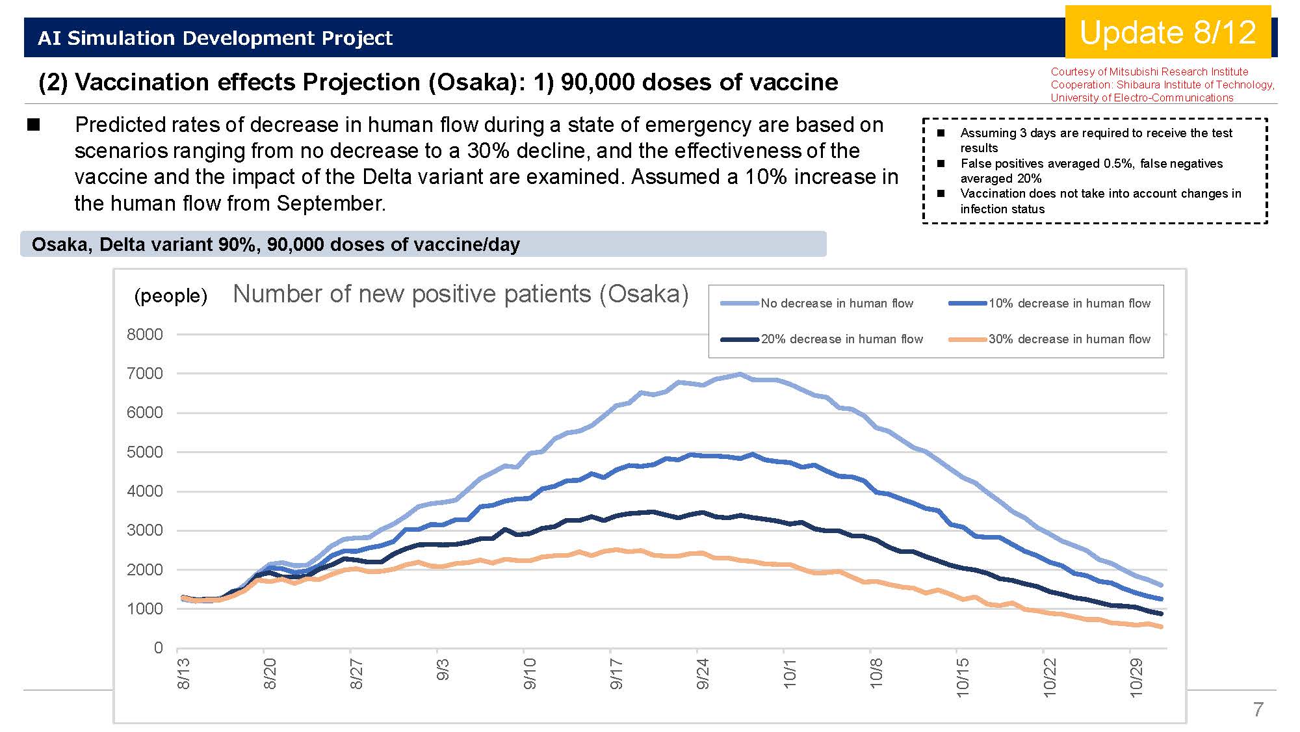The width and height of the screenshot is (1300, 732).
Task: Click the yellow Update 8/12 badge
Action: pyautogui.click(x=1168, y=32)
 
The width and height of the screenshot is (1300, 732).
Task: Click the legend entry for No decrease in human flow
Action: pyautogui.click(x=817, y=303)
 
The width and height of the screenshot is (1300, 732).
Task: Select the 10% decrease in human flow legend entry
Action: pyautogui.click(x=1049, y=303)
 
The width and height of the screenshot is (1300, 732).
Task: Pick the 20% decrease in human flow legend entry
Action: pyautogui.click(x=822, y=339)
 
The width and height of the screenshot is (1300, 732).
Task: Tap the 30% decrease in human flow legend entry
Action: pyautogui.click(x=1049, y=339)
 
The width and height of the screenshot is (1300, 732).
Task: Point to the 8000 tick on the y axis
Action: pyautogui.click(x=145, y=334)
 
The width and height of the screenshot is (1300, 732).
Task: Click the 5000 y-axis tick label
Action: pyautogui.click(x=145, y=452)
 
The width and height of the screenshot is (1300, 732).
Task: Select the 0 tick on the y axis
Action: pyautogui.click(x=158, y=647)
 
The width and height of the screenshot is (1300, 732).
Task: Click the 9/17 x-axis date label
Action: pyautogui.click(x=616, y=674)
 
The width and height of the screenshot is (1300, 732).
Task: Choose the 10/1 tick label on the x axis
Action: pyautogui.click(x=789, y=674)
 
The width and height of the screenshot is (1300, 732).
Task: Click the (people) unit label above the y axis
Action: pyautogui.click(x=170, y=296)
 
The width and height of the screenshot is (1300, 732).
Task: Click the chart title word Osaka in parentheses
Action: pyautogui.click(x=643, y=294)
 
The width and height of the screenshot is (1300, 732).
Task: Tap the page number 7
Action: pyautogui.click(x=1258, y=709)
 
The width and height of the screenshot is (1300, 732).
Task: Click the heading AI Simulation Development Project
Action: pyautogui.click(x=215, y=38)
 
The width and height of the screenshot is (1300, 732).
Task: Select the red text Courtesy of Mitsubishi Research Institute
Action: pyautogui.click(x=1149, y=72)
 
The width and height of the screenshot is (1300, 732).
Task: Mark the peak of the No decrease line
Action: pyautogui.click(x=740, y=374)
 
